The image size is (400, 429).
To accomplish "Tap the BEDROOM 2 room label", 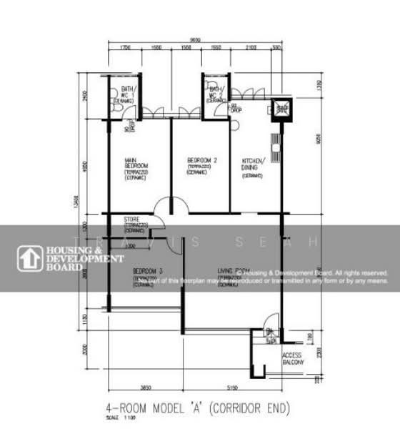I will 201,160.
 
